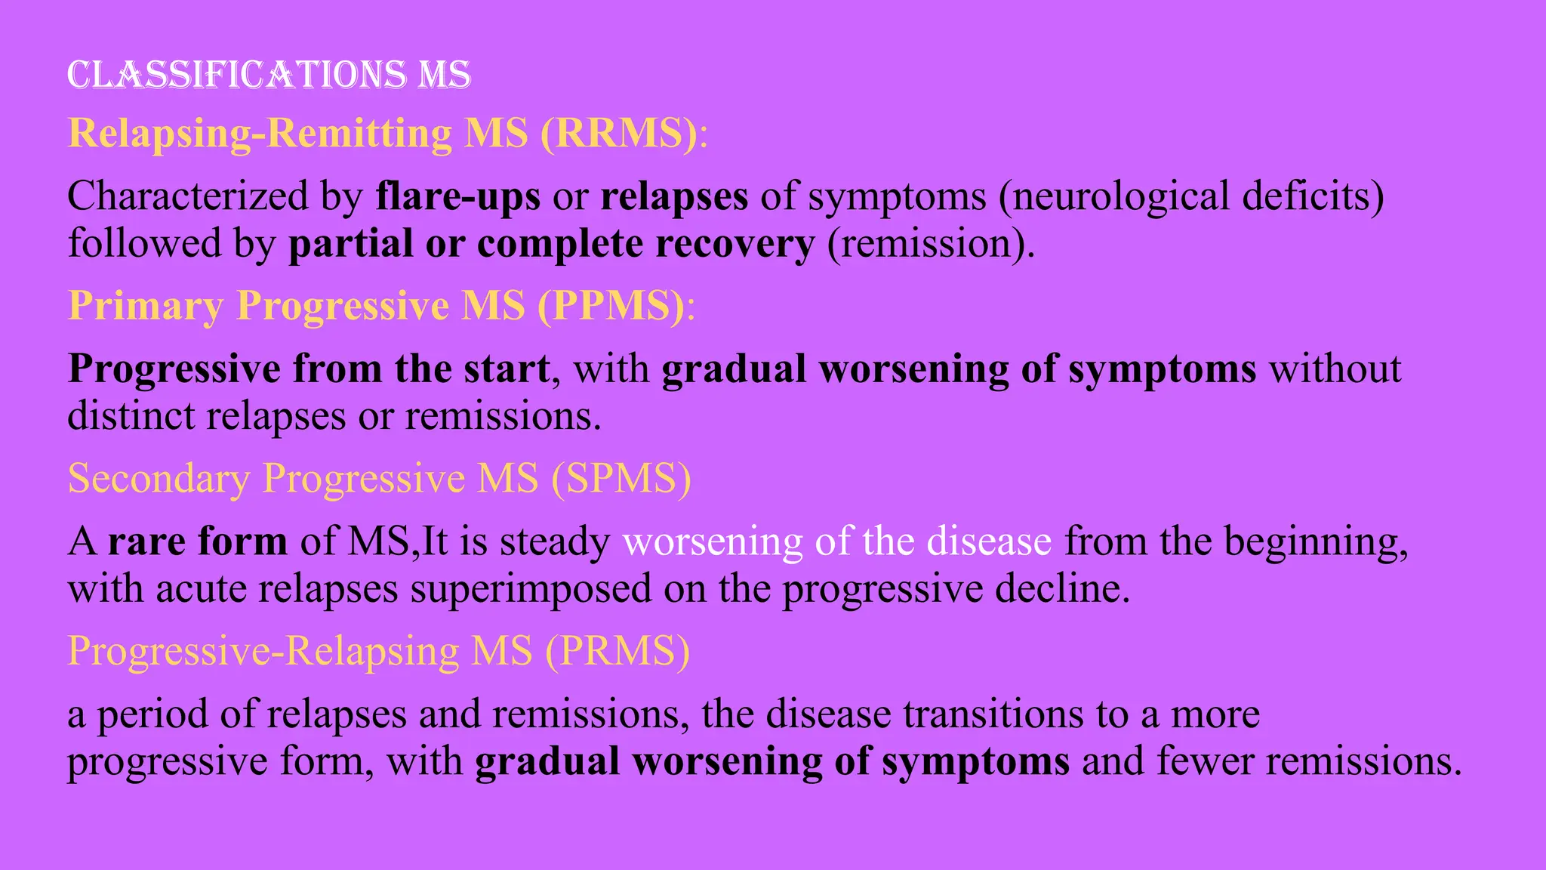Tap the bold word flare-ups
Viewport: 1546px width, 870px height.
tap(458, 196)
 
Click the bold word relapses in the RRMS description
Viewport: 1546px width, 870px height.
tap(674, 196)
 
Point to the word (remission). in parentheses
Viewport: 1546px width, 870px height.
tap(931, 243)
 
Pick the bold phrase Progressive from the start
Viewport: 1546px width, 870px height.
tap(309, 369)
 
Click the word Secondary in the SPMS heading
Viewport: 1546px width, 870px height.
tap(159, 478)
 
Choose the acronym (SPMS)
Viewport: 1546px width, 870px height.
tap(621, 478)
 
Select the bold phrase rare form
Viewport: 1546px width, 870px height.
tap(198, 541)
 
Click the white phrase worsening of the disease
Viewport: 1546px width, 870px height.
tap(836, 541)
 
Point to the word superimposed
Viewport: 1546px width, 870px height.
tap(531, 588)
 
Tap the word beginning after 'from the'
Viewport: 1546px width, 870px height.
tap(1315, 541)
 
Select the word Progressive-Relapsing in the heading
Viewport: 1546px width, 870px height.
tap(263, 650)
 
